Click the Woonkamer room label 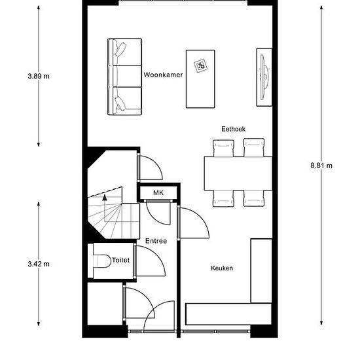point(163,75)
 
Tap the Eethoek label point(233,129)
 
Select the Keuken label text point(222,268)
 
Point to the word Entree point(156,241)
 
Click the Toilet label point(121,260)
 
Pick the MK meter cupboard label point(158,192)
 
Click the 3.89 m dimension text point(39,76)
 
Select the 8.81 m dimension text point(321,166)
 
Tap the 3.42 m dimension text point(39,264)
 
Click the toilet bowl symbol point(101,261)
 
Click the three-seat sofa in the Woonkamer point(124,77)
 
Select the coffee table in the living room point(200,79)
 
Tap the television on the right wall point(264,77)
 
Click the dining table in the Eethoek point(238,173)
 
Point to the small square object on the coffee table point(201,66)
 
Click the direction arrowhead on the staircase point(105,197)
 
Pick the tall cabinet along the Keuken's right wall point(262,271)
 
